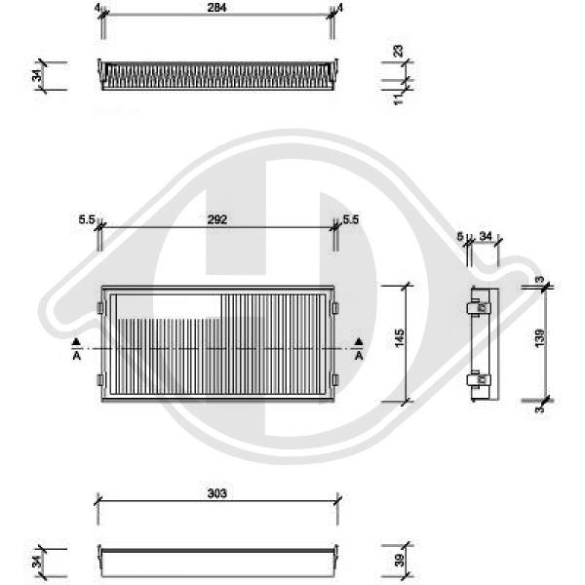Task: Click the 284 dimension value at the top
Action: [x=217, y=8]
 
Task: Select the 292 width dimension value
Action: [x=217, y=220]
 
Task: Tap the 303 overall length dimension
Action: [x=217, y=494]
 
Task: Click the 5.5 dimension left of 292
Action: [x=86, y=220]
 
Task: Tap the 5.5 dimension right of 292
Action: [x=351, y=220]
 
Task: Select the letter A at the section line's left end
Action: [x=76, y=357]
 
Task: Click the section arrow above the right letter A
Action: [x=359, y=340]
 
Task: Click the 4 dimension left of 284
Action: [x=97, y=8]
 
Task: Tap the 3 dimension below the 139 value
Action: [x=539, y=409]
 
